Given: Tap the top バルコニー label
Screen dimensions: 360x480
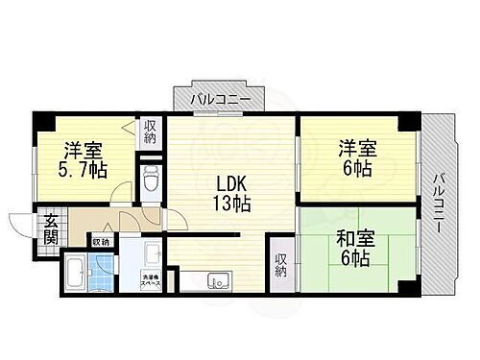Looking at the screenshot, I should click(220, 100).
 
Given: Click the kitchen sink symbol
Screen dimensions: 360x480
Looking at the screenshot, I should click(216, 281).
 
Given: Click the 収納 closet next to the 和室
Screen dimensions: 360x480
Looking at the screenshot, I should click(279, 265).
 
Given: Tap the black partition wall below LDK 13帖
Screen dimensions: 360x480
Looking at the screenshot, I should click(203, 233).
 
